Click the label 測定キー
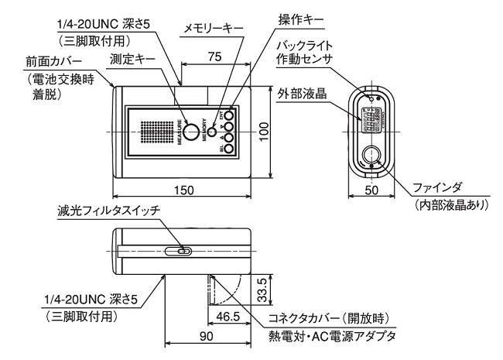click(133, 59)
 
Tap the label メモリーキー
click(213, 28)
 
